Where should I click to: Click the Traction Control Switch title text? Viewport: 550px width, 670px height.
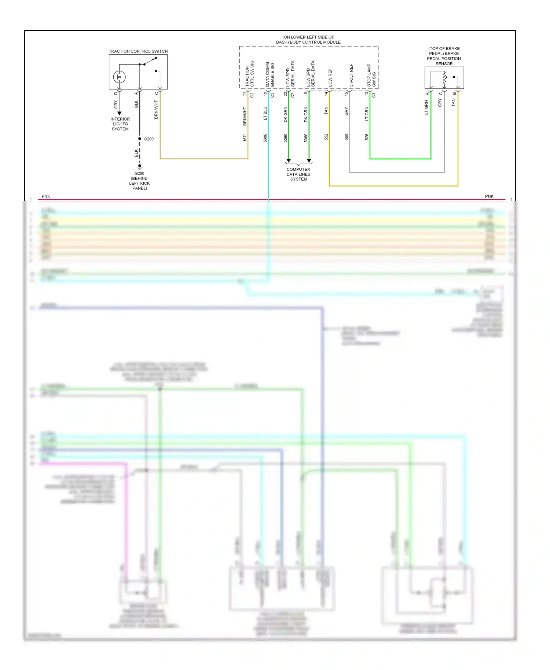138,51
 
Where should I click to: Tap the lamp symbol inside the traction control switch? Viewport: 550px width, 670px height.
119,77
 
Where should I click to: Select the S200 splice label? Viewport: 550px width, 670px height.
149,139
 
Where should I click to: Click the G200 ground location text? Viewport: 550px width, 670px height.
139,181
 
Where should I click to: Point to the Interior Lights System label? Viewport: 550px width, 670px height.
120,124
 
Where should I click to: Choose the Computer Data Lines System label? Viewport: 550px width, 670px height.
298,174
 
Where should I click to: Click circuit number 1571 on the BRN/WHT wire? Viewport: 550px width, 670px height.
245,137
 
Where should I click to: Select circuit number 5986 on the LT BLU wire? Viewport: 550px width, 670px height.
265,138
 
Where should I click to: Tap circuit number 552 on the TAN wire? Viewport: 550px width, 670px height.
326,137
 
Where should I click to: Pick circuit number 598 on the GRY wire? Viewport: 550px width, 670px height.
346,137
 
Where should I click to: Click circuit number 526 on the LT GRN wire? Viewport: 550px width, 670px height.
367,137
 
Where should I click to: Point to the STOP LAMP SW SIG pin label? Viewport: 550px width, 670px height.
371,76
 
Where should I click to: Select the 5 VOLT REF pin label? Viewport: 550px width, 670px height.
351,76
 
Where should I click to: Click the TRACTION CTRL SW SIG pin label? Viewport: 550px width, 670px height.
250,74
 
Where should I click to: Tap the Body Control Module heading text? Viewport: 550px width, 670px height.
308,40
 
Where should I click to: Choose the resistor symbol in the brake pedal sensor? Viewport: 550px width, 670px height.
444,78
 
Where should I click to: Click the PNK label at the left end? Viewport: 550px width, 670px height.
46,196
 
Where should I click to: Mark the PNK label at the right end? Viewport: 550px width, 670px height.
489,196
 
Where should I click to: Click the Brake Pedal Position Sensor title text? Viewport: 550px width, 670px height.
444,56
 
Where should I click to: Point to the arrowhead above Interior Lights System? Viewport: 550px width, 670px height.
119,113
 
